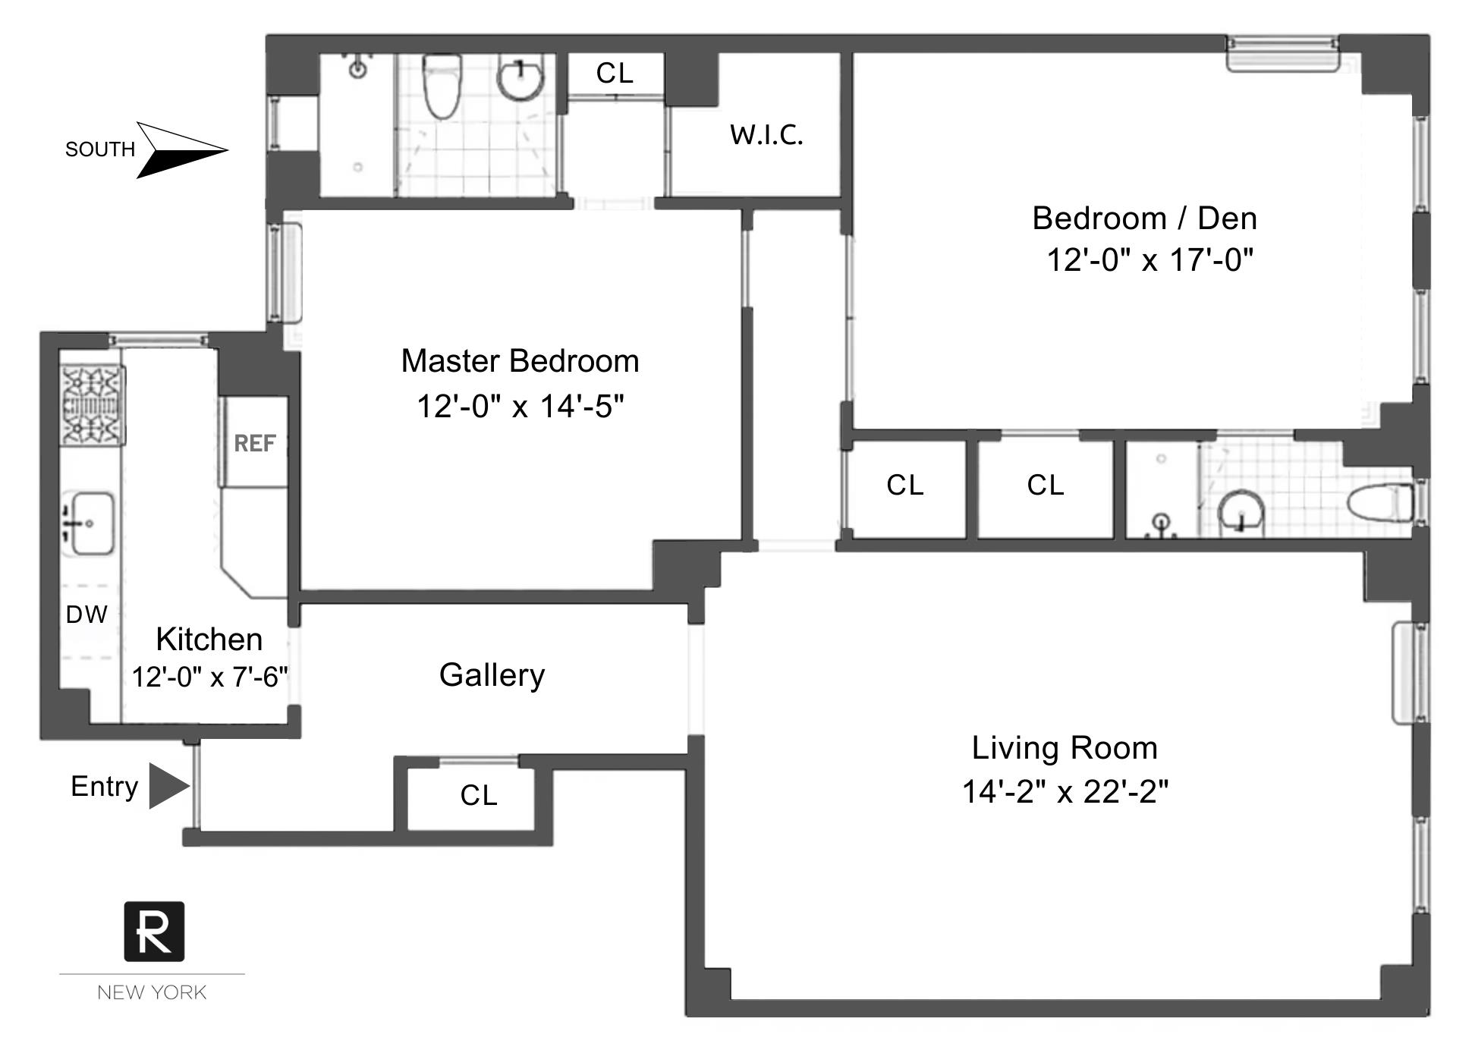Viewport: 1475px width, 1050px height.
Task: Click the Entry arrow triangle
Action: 168,786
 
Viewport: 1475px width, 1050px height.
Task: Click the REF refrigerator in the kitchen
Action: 254,443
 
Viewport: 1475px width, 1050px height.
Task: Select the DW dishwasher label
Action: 86,615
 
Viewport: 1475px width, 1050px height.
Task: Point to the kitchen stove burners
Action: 93,404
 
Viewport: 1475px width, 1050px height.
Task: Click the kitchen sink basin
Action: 91,523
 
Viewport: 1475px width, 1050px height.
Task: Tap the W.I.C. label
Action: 766,135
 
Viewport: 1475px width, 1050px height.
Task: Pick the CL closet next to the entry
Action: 478,796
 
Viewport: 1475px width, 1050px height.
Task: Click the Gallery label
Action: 492,675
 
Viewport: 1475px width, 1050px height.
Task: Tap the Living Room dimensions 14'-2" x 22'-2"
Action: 1065,792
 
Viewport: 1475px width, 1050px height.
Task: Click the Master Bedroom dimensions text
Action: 520,407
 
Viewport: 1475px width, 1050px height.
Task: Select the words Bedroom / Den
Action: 1144,218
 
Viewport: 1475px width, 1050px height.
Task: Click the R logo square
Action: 154,931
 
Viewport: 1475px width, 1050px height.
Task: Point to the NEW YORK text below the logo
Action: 152,992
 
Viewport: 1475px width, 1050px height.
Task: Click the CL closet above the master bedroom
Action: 615,74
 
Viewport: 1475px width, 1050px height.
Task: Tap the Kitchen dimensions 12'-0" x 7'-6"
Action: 210,677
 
